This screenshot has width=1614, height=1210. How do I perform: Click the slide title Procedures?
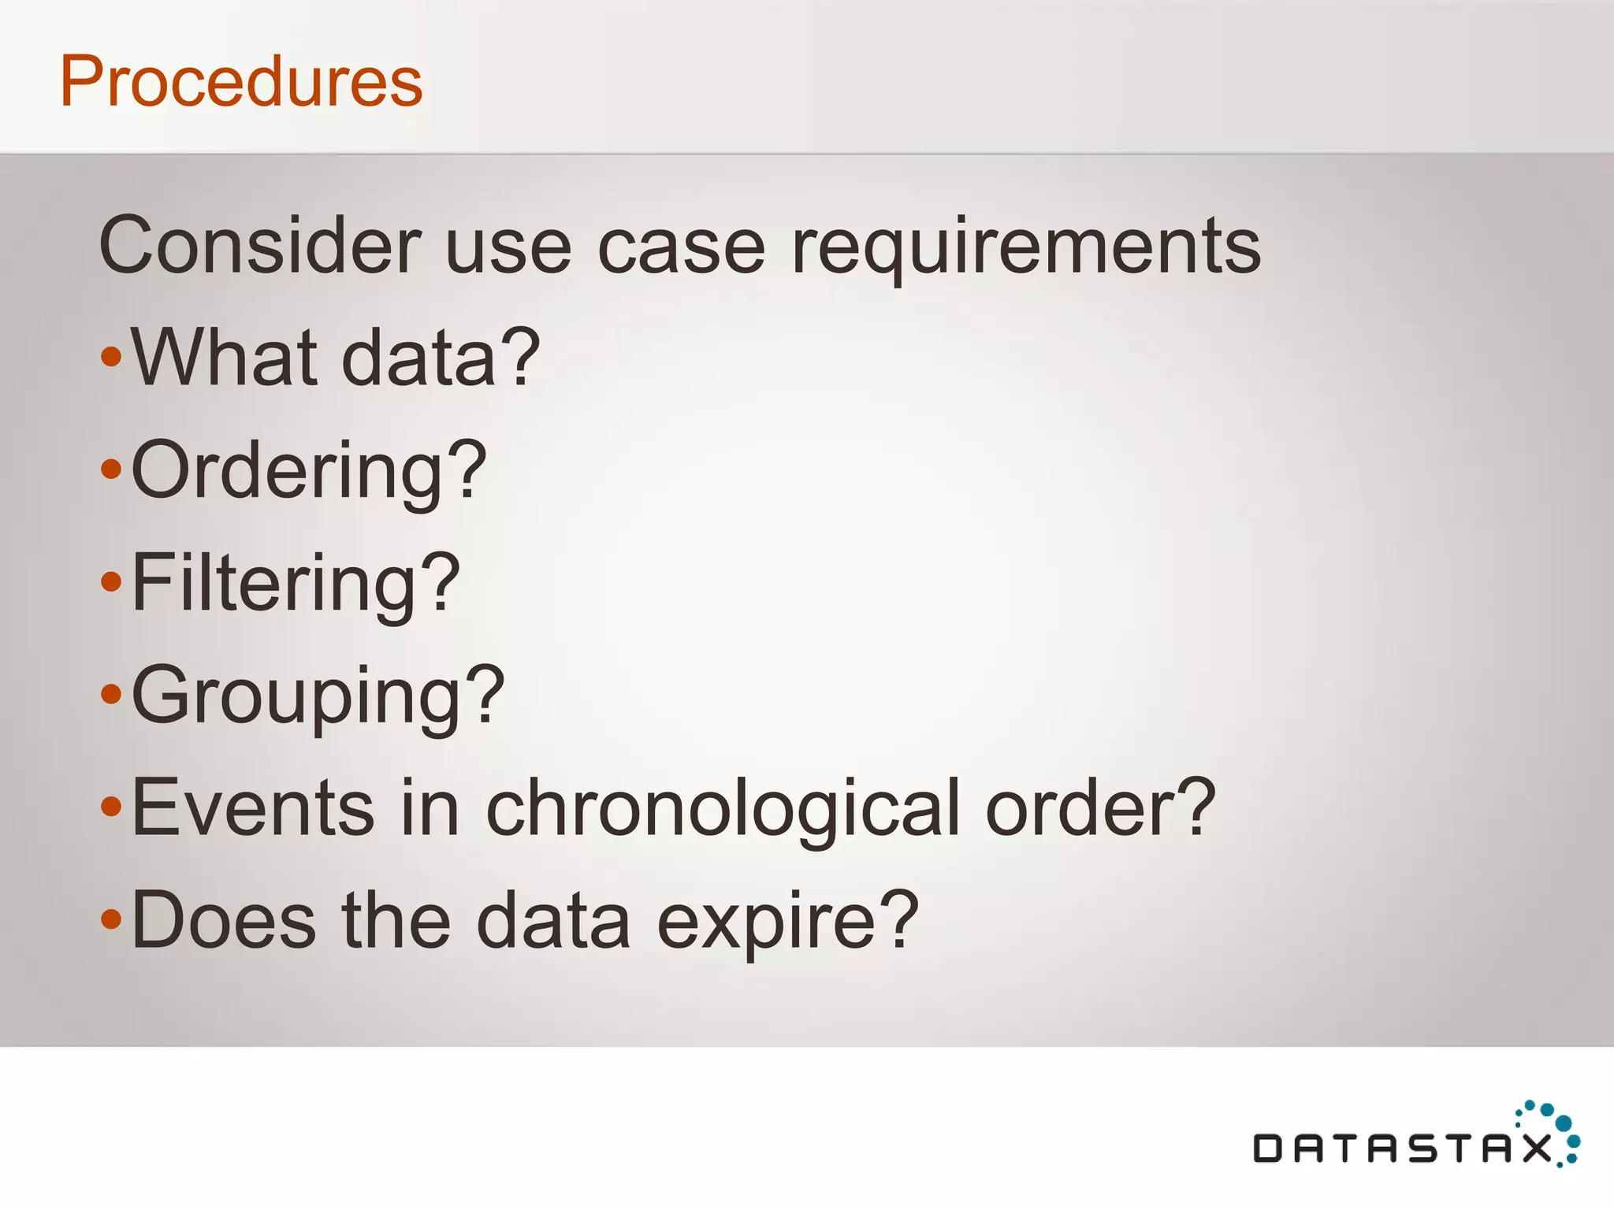[241, 81]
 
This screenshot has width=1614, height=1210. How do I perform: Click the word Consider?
[260, 246]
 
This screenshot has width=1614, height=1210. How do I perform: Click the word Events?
[252, 807]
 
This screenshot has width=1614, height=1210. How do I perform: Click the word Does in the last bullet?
[223, 920]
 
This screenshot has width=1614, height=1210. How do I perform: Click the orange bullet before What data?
[112, 357]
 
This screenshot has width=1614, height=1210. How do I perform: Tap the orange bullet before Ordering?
[112, 470]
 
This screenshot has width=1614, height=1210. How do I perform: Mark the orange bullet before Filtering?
[112, 582]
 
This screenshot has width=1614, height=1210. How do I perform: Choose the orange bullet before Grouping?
[112, 694]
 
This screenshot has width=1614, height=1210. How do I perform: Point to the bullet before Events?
[112, 807]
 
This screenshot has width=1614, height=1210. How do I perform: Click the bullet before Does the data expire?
[112, 919]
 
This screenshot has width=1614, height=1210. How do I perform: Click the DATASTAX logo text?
[1403, 1149]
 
